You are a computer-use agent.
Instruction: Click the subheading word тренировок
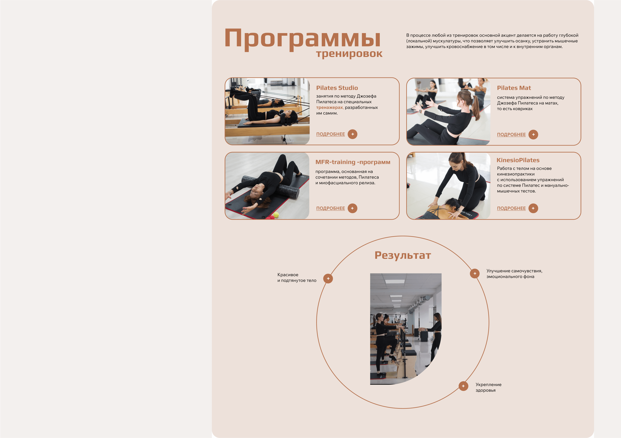pyautogui.click(x=349, y=54)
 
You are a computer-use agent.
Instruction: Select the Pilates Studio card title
pyautogui.click(x=337, y=88)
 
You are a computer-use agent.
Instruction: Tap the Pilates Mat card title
pyautogui.click(x=514, y=88)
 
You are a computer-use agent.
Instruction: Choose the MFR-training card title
pyautogui.click(x=353, y=162)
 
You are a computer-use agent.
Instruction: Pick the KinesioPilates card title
pyautogui.click(x=518, y=160)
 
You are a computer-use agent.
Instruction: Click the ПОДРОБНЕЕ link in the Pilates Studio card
pyautogui.click(x=330, y=134)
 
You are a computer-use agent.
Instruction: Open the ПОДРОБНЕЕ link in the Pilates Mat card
pyautogui.click(x=511, y=134)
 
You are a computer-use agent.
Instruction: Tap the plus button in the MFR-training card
pyautogui.click(x=352, y=208)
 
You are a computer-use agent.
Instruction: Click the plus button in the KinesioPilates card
pyautogui.click(x=533, y=208)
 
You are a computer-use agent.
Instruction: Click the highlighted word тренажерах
pyautogui.click(x=330, y=108)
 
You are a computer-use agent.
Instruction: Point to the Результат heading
pyautogui.click(x=403, y=255)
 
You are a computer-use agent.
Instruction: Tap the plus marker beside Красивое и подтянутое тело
pyautogui.click(x=328, y=278)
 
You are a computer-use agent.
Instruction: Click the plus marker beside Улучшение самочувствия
pyautogui.click(x=475, y=273)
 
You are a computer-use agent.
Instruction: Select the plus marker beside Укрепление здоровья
pyautogui.click(x=463, y=386)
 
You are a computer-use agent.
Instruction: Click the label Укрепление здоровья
pyautogui.click(x=489, y=387)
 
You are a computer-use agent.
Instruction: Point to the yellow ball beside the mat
pyautogui.click(x=276, y=215)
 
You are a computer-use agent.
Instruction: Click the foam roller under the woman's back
pyautogui.click(x=270, y=187)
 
